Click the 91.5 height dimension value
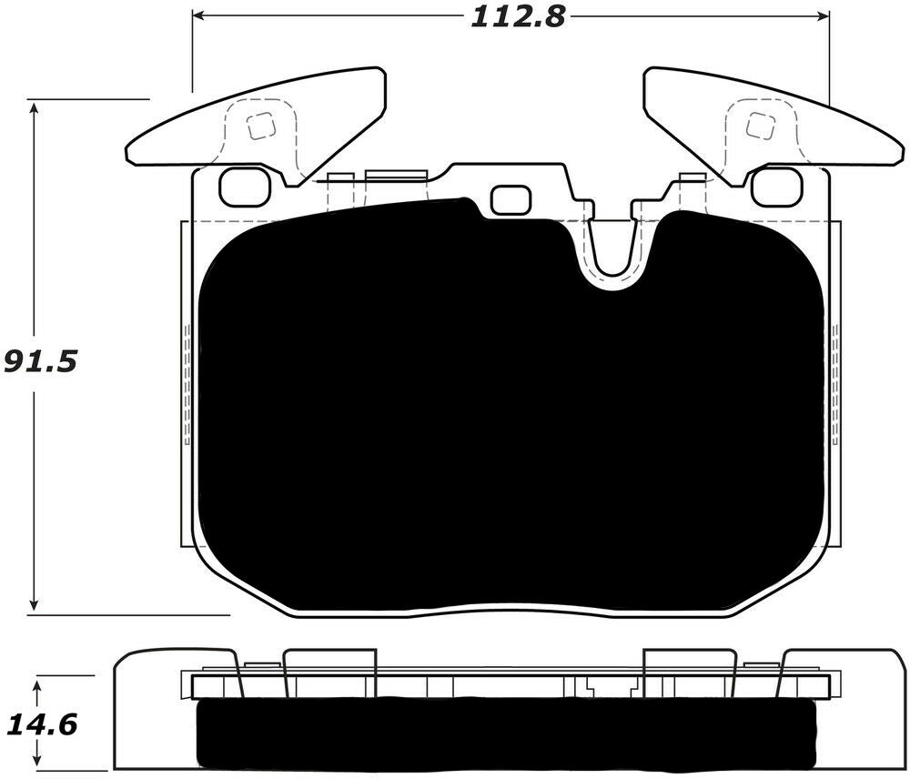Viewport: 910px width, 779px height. (38, 361)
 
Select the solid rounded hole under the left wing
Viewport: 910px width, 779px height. (240, 187)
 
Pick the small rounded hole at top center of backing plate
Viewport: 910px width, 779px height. (510, 200)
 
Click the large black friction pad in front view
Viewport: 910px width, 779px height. (510, 410)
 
